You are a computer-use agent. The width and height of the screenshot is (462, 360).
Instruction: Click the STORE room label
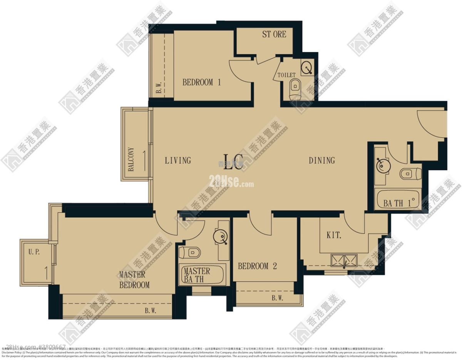point(274,34)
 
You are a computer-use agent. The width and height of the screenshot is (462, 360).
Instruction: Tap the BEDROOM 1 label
point(201,82)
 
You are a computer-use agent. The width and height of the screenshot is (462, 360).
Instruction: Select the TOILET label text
point(286,75)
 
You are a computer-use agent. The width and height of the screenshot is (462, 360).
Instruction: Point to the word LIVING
point(178,161)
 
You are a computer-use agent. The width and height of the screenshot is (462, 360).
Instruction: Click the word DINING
point(322,161)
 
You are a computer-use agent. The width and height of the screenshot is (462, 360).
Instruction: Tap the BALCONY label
point(131,159)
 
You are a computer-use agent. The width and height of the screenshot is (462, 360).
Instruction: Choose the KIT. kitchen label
point(334,235)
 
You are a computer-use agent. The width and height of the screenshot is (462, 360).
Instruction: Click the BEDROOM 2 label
point(257,266)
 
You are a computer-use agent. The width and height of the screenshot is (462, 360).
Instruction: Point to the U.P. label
point(34,253)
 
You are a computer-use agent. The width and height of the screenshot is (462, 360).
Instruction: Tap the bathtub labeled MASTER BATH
point(201,275)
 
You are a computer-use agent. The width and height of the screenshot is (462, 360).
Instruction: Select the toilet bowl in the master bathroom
point(190,253)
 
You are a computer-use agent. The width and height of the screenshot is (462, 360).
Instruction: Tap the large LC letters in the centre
point(233,162)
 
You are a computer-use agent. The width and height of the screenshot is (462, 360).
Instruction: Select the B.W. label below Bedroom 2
point(277,298)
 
